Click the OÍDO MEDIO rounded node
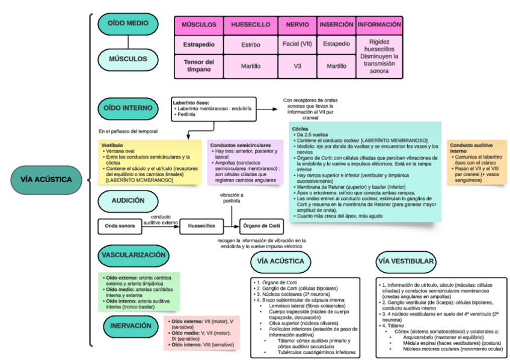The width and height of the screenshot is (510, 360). tap(127, 23)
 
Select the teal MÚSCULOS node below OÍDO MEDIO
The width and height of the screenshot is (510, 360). tap(127, 59)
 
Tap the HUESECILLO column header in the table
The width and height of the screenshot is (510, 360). tap(250, 25)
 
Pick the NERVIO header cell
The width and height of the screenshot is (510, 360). tap(297, 25)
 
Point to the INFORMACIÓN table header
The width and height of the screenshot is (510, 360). tap(379, 25)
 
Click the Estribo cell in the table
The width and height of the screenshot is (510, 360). tap(250, 44)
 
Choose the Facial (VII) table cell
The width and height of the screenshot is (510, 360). tap(297, 44)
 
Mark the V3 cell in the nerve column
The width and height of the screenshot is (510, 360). tap(297, 66)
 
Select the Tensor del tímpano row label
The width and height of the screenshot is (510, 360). tap(198, 66)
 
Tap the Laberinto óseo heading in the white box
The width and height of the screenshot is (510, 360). tap(192, 103)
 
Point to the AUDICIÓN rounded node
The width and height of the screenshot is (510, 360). tap(127, 201)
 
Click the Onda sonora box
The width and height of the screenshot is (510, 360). tap(120, 227)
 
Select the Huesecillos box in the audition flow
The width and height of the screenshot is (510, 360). tap(201, 227)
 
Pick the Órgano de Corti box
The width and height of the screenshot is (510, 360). tap(261, 227)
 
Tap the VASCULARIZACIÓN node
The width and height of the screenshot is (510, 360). tap(133, 255)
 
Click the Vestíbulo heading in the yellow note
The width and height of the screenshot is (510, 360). tap(112, 145)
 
